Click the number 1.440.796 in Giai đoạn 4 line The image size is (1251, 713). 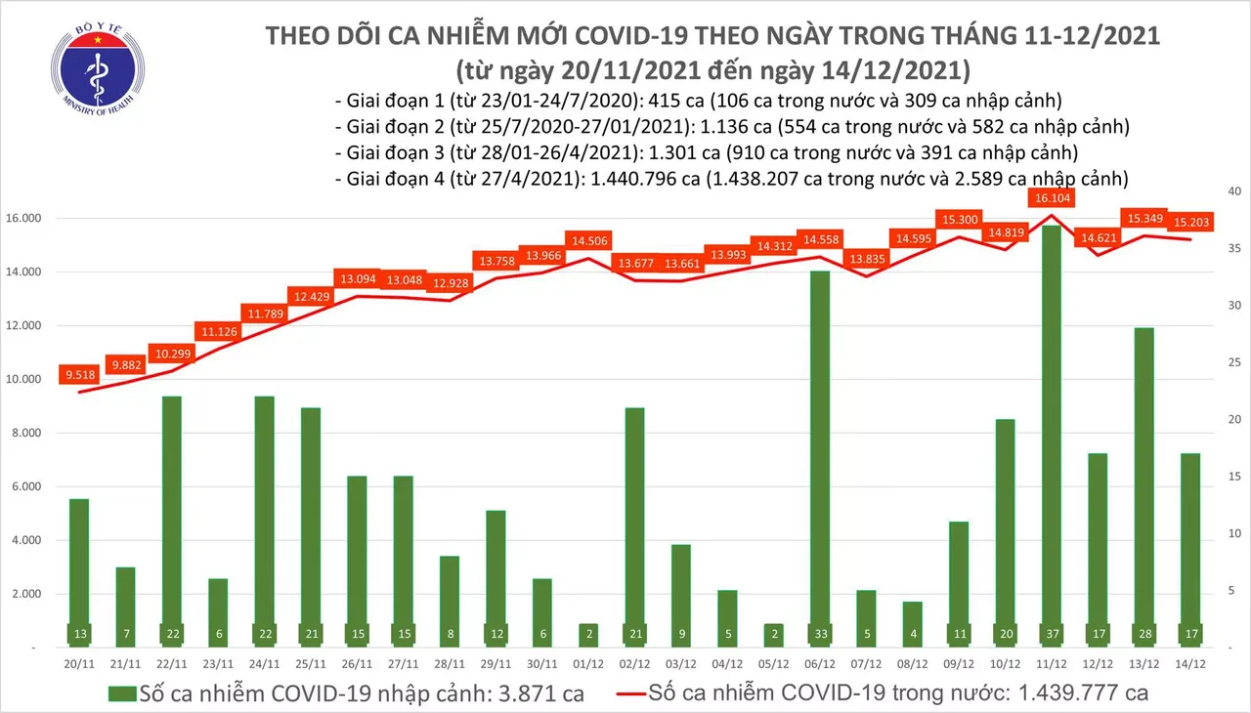[x=628, y=179]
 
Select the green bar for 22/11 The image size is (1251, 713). [x=171, y=518]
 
